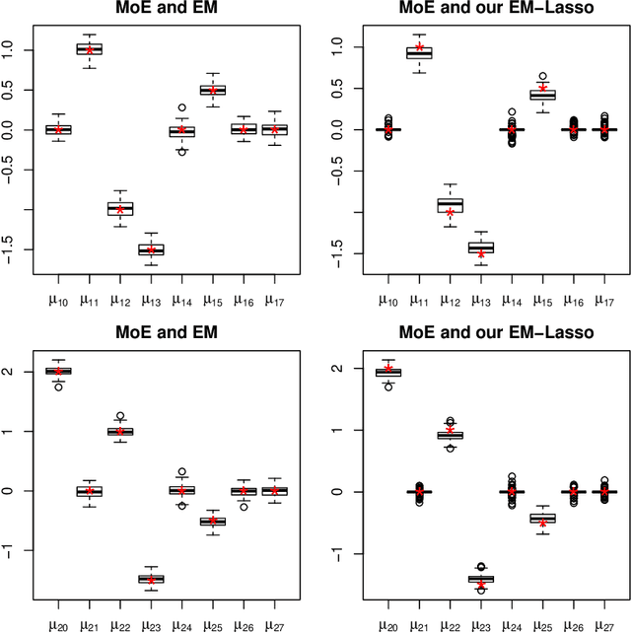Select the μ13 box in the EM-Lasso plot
(481, 247)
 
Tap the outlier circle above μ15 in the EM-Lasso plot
(542, 76)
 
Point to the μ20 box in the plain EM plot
(58, 371)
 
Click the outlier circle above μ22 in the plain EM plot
(120, 416)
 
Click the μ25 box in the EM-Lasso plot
(542, 519)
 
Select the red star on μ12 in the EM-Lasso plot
(451, 212)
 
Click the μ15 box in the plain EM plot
(212, 90)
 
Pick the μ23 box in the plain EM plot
(151, 579)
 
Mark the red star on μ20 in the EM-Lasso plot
(390, 369)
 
